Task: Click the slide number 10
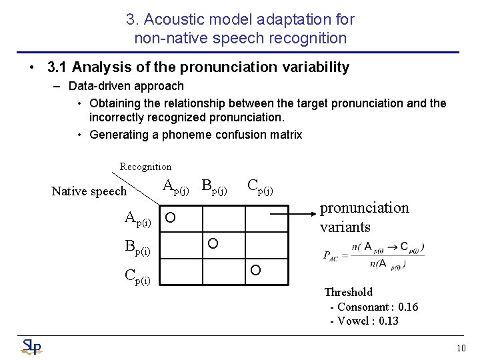(461, 348)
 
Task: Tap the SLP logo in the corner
(31, 347)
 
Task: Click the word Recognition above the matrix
(145, 167)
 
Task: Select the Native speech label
(89, 191)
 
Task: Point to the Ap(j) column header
(176, 187)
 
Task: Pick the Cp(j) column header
(260, 187)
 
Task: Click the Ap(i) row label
(138, 218)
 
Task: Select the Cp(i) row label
(138, 275)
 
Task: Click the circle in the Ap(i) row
(171, 218)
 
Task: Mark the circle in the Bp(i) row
(213, 243)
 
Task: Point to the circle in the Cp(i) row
(255, 270)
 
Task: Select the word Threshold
(348, 292)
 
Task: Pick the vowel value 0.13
(385, 321)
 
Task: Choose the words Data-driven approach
(126, 86)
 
